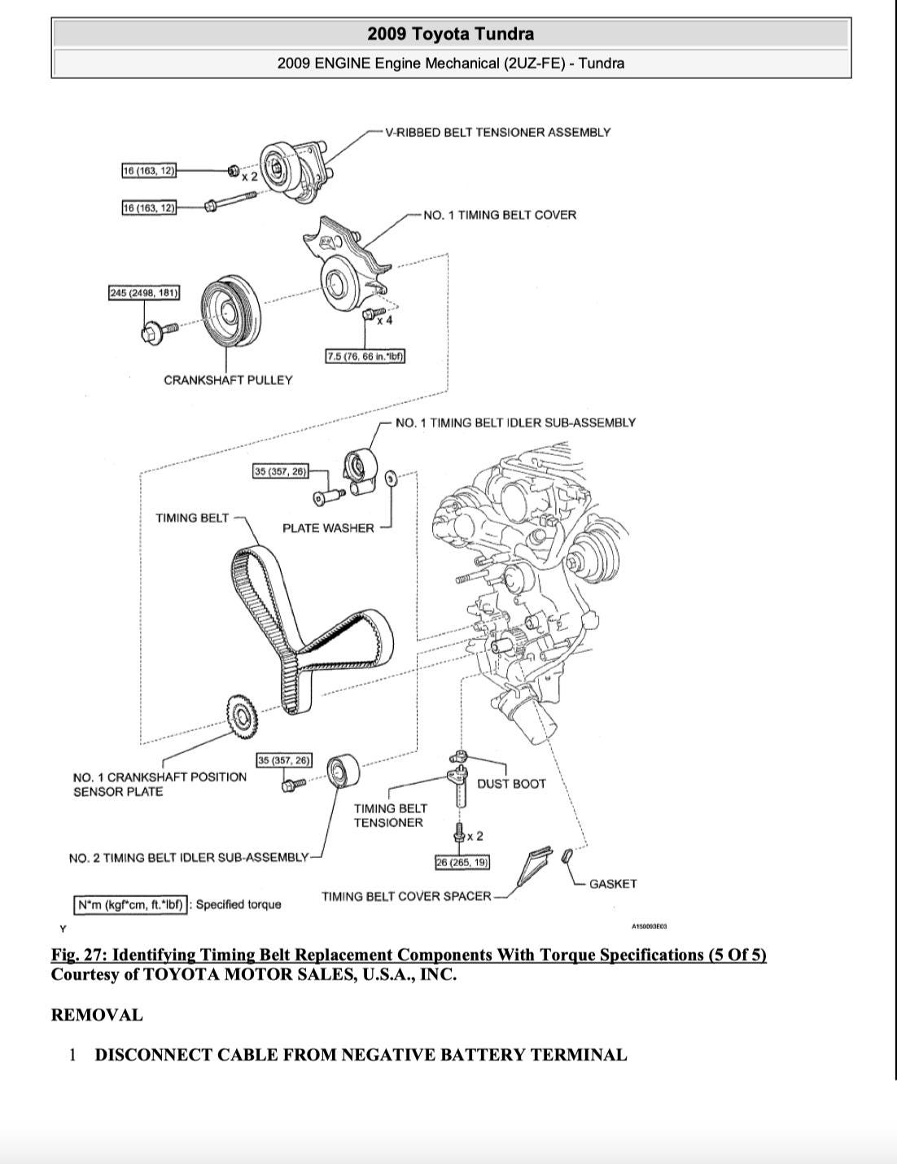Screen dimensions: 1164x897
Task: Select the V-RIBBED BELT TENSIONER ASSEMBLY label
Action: point(497,132)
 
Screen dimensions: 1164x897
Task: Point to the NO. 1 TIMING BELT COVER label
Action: point(499,215)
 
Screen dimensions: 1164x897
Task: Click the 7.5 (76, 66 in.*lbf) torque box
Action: point(365,357)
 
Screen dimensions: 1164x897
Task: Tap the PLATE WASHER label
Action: point(328,528)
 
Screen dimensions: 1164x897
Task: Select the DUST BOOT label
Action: point(511,784)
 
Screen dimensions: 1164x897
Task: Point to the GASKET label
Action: point(612,884)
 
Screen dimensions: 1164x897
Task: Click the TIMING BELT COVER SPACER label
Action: point(406,896)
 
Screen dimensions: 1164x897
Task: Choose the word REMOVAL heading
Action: point(97,1015)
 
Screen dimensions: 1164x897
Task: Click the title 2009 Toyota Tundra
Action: point(450,33)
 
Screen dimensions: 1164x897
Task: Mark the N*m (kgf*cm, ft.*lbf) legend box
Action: point(131,904)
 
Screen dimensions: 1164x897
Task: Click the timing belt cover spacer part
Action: point(532,866)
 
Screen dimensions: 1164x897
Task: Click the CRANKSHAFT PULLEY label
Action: point(228,380)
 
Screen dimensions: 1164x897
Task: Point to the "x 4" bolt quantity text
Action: point(383,320)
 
